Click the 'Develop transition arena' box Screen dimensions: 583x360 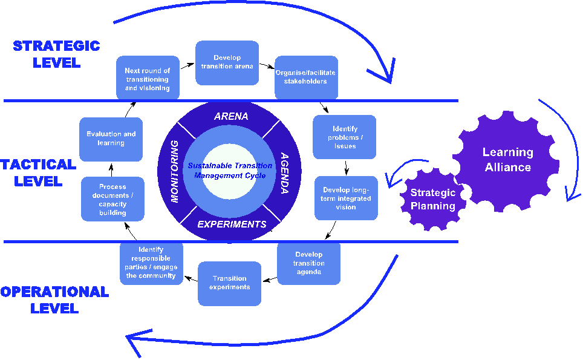pyautogui.click(x=227, y=63)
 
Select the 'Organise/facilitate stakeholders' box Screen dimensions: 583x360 pyautogui.click(x=307, y=77)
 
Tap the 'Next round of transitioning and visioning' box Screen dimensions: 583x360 pyautogui.click(x=148, y=77)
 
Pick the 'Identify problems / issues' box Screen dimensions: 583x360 pyautogui.click(x=344, y=137)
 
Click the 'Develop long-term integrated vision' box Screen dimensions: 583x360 pyautogui.click(x=346, y=198)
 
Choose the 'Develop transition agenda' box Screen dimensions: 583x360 pyautogui.click(x=309, y=263)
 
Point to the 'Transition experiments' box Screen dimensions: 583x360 pyautogui.click(x=229, y=283)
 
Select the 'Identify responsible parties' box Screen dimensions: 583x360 pyautogui.click(x=151, y=263)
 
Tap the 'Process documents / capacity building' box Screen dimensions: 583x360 pyautogui.click(x=112, y=199)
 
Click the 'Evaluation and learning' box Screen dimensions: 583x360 pyautogui.click(x=111, y=139)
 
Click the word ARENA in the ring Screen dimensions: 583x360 pyautogui.click(x=231, y=116)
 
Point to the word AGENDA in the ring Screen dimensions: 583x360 pyautogui.click(x=284, y=173)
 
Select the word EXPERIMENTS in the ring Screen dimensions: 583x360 pyautogui.click(x=232, y=224)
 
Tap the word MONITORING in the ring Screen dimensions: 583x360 pyautogui.click(x=174, y=171)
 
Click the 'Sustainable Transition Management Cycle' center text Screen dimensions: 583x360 pyautogui.click(x=230, y=171)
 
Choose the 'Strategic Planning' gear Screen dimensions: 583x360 pyautogui.click(x=433, y=199)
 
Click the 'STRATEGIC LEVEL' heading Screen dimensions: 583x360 pyautogui.click(x=56, y=54)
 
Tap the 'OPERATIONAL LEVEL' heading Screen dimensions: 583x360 pyautogui.click(x=54, y=299)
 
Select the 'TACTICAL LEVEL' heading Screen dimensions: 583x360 pyautogui.click(x=38, y=172)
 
